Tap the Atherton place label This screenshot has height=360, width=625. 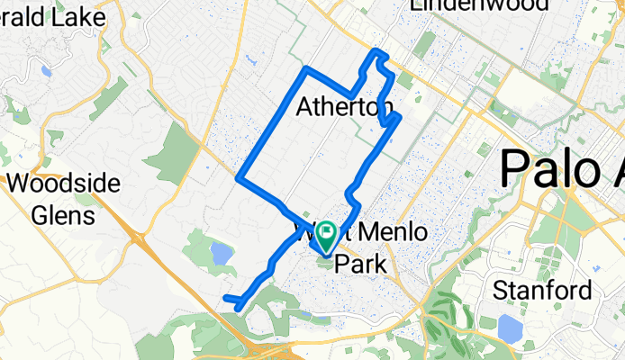point(346,109)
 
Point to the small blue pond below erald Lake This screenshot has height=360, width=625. point(46,70)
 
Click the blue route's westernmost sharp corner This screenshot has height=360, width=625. point(239,178)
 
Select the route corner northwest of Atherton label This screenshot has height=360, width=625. point(307,68)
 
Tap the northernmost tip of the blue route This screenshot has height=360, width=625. point(376,50)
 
